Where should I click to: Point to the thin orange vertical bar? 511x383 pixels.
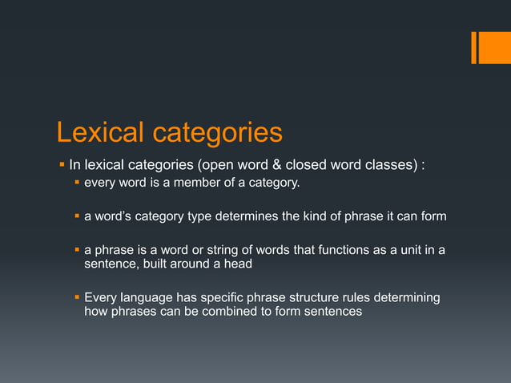point(474,47)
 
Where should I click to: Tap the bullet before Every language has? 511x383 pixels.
point(77,298)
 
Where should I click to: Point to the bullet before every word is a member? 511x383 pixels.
point(77,185)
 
